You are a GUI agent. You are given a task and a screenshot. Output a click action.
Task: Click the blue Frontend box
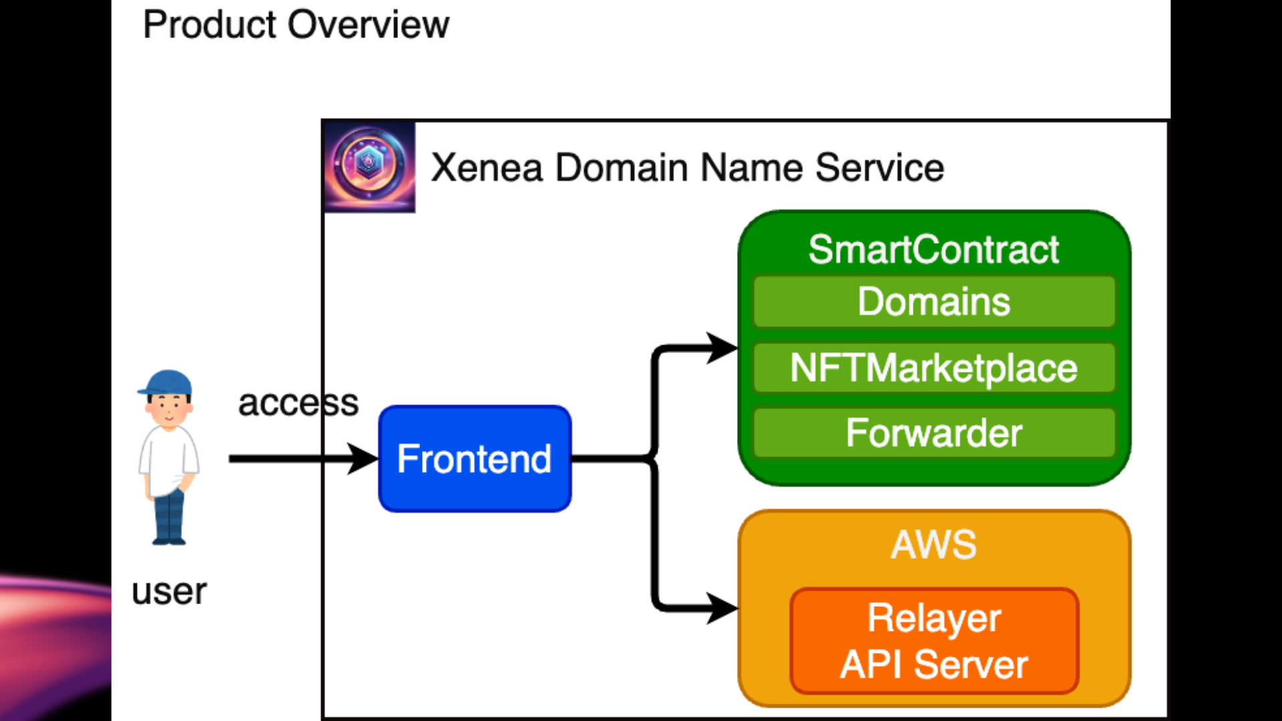coord(475,459)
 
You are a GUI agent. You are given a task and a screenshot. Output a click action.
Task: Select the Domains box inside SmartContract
coord(933,302)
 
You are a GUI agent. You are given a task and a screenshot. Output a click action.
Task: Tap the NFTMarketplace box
coord(933,368)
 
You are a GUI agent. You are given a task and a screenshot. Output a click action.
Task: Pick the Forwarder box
coord(933,433)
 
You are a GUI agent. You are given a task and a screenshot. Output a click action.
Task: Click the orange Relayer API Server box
coord(933,641)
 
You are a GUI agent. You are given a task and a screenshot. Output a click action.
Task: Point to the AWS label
coord(933,544)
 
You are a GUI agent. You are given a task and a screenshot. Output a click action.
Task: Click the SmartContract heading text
coord(933,250)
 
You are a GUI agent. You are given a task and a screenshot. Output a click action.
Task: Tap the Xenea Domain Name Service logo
coord(369,166)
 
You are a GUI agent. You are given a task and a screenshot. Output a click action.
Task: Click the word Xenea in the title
coord(486,168)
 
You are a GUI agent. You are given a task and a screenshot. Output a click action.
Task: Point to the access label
coord(298,403)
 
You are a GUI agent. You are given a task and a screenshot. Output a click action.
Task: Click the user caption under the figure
coord(169,591)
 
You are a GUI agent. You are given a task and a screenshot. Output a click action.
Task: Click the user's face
coord(168,409)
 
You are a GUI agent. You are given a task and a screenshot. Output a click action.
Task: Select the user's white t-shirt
coord(168,461)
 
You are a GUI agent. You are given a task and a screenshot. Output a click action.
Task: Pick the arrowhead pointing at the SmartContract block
coord(722,348)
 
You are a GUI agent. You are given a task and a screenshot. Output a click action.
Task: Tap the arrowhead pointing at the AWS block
coord(722,608)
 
